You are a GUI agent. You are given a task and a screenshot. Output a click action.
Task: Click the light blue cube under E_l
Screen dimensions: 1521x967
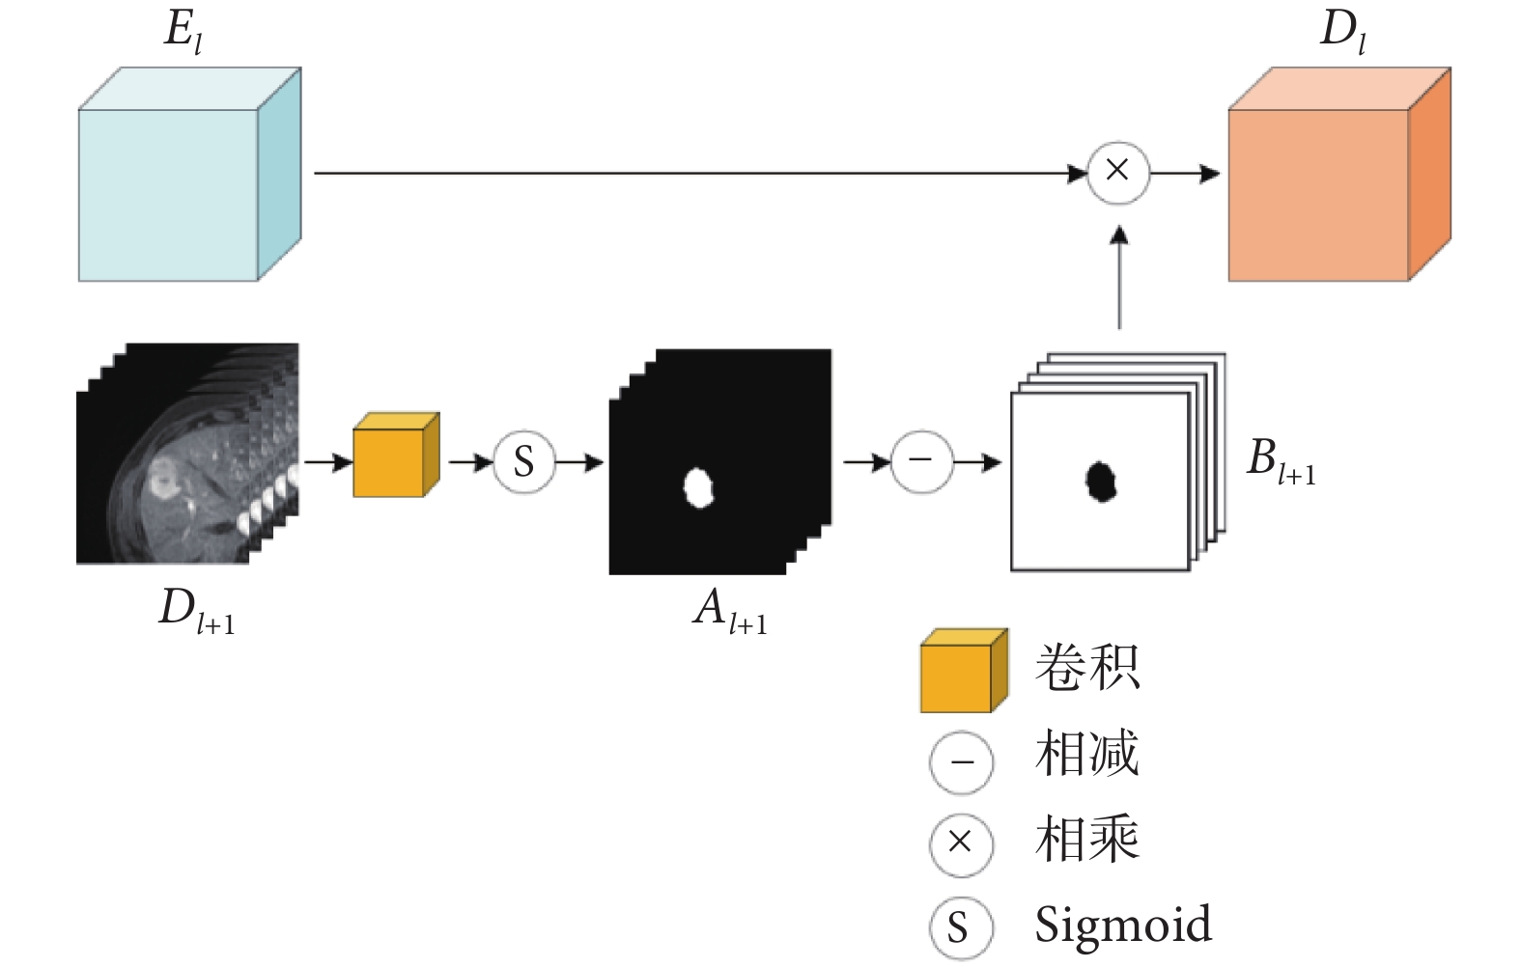(189, 174)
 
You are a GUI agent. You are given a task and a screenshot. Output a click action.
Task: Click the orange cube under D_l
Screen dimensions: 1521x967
(1339, 174)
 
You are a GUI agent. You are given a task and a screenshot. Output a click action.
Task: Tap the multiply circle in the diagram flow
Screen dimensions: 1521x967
(1118, 173)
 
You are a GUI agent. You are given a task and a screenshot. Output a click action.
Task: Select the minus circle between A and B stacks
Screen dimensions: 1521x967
(921, 461)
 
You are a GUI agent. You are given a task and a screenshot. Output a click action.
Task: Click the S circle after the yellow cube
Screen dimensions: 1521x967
(524, 462)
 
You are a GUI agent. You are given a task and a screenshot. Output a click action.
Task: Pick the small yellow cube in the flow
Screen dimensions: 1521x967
(397, 455)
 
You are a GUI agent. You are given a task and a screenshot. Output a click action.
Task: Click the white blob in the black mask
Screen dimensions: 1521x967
(698, 488)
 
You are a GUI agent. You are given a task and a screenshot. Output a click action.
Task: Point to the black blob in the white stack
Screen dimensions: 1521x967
(1101, 482)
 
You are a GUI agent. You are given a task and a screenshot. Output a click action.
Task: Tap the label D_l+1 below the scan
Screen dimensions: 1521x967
(197, 611)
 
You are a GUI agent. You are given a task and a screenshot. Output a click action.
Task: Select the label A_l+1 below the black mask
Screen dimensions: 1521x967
(731, 611)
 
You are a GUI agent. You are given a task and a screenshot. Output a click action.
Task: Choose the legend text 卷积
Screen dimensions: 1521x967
(1087, 667)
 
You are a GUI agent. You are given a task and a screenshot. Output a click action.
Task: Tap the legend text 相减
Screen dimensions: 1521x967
(1087, 753)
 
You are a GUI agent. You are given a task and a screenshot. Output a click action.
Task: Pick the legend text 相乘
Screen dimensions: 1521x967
(1087, 838)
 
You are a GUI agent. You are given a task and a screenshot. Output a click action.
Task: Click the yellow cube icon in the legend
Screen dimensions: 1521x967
(964, 671)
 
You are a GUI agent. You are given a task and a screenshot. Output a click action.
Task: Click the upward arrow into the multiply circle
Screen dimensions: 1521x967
(1119, 278)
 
